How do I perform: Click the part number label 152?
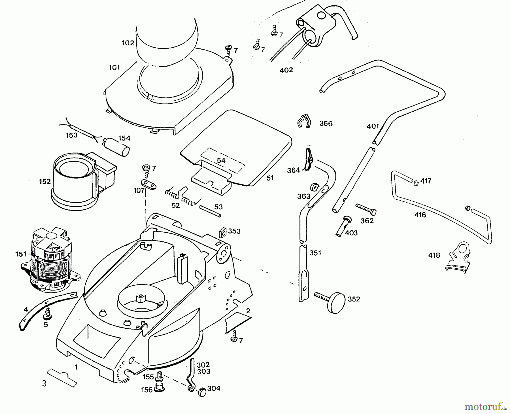tap(45, 181)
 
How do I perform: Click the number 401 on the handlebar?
tap(373, 126)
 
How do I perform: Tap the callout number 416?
tap(420, 215)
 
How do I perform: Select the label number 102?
tap(128, 43)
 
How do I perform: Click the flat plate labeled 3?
tap(62, 378)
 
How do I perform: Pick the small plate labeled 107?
tap(149, 184)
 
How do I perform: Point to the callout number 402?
tap(286, 70)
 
